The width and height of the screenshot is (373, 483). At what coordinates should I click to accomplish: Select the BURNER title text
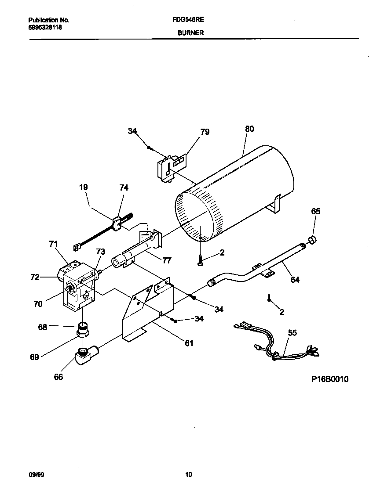click(190, 33)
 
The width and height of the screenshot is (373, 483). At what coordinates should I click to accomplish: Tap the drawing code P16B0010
click(330, 379)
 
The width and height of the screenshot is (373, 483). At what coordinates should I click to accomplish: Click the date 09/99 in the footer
click(36, 475)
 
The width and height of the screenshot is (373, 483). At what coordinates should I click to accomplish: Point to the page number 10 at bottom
click(188, 475)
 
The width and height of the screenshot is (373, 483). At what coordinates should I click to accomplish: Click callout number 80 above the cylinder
click(249, 129)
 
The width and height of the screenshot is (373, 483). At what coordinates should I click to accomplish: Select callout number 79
click(205, 132)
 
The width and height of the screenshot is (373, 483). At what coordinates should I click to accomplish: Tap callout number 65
click(316, 212)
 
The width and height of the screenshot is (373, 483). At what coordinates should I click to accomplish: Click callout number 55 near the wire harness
click(292, 333)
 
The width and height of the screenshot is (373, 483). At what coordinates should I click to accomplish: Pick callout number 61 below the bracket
click(189, 343)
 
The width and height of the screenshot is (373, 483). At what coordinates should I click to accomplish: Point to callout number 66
click(58, 377)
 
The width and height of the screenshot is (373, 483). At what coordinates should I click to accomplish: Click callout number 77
click(167, 260)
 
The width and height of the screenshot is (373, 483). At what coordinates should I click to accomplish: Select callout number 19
click(83, 187)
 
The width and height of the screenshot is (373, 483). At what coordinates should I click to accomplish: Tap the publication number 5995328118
click(45, 27)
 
